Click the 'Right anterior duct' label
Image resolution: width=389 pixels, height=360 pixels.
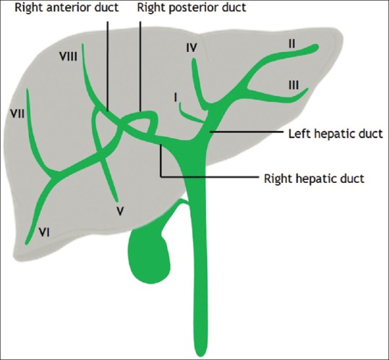(x=67, y=7)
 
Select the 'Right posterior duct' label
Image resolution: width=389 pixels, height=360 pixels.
(x=192, y=7)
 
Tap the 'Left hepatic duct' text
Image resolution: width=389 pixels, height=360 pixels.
(x=335, y=134)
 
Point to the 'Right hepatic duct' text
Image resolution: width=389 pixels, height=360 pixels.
(x=314, y=179)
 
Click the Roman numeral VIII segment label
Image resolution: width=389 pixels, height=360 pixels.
(x=68, y=57)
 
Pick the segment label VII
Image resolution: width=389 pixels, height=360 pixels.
(x=17, y=114)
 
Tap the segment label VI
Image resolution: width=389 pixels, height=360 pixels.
(x=44, y=233)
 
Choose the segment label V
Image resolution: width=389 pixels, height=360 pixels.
(x=120, y=211)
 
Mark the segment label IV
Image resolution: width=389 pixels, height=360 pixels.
(x=192, y=48)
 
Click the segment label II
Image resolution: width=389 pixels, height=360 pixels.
(x=292, y=44)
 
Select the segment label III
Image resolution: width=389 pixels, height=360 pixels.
(x=294, y=85)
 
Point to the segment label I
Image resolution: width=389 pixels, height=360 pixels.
(x=176, y=98)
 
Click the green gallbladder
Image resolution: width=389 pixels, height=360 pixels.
(x=149, y=256)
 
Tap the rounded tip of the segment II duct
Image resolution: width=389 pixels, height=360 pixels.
(x=317, y=48)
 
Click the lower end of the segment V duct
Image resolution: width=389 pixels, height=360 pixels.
(x=116, y=200)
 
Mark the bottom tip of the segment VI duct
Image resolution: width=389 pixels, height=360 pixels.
(x=27, y=243)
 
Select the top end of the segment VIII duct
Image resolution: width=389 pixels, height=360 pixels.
(x=82, y=45)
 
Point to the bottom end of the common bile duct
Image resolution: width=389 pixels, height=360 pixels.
(x=200, y=354)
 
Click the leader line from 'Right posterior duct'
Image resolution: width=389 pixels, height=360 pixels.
(x=140, y=67)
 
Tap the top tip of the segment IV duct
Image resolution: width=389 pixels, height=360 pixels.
(x=194, y=59)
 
